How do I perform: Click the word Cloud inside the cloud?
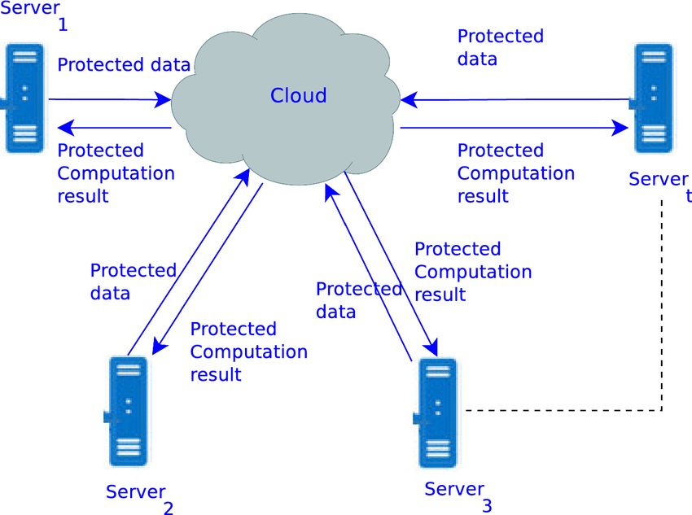[x=298, y=96]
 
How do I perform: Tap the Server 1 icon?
[x=24, y=98]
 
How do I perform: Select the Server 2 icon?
[x=127, y=411]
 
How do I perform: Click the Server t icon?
[x=654, y=98]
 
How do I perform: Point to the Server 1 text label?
[x=33, y=12]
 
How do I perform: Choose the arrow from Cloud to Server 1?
[x=114, y=128]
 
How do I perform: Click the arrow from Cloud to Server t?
[x=513, y=128]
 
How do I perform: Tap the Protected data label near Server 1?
[x=124, y=65]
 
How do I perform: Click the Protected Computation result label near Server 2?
[x=248, y=351]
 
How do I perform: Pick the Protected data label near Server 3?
[x=358, y=300]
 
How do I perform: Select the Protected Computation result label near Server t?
[x=515, y=173]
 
